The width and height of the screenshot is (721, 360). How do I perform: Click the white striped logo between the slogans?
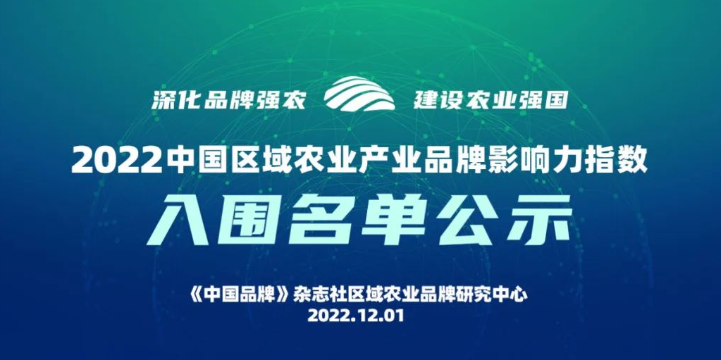coord(359,94)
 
